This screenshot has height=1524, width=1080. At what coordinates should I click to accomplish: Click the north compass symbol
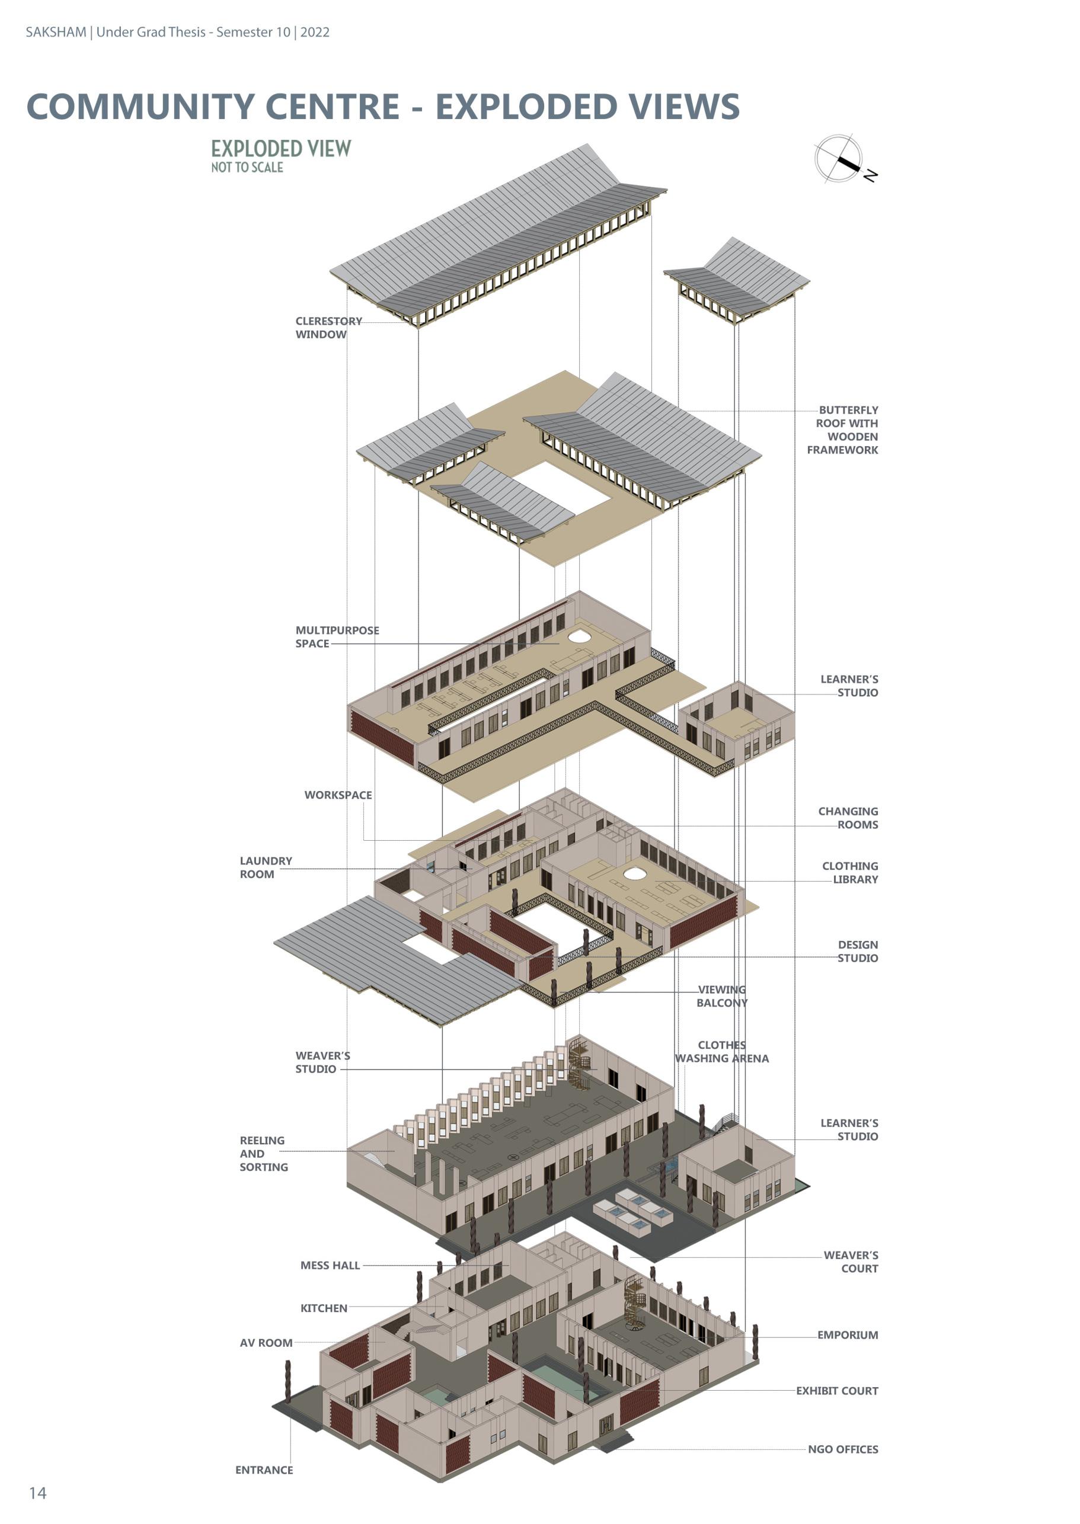pos(839,158)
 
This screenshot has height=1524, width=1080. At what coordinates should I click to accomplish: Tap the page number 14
pos(38,1493)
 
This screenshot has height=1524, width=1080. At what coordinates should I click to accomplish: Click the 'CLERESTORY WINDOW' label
pos(328,328)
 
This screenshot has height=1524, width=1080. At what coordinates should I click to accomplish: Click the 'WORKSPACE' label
pos(338,795)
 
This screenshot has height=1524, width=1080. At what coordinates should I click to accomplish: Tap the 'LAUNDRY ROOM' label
pos(266,867)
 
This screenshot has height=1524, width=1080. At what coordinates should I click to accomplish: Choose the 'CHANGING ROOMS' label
pos(849,818)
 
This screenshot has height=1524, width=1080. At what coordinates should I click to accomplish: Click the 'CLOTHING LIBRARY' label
pos(851,872)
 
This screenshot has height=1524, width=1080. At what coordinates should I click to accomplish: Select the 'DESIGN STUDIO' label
pos(858,951)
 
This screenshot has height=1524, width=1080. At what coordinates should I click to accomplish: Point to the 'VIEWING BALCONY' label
pos(721,995)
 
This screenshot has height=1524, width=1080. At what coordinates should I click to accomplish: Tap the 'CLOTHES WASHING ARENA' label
pos(721,1051)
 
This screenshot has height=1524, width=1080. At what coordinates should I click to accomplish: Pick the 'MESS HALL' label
pos(330,1265)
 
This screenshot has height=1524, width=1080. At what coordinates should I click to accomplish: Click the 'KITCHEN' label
pos(324,1308)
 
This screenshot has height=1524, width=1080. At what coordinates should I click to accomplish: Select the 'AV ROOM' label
pos(266,1343)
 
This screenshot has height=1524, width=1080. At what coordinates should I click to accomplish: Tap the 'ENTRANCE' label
pos(264,1469)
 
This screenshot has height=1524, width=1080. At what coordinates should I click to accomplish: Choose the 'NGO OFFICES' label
pos(842,1449)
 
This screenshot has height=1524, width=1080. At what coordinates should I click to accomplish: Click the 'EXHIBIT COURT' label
pos(836,1391)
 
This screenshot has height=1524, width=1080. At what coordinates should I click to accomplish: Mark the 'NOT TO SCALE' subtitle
pos(247,168)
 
